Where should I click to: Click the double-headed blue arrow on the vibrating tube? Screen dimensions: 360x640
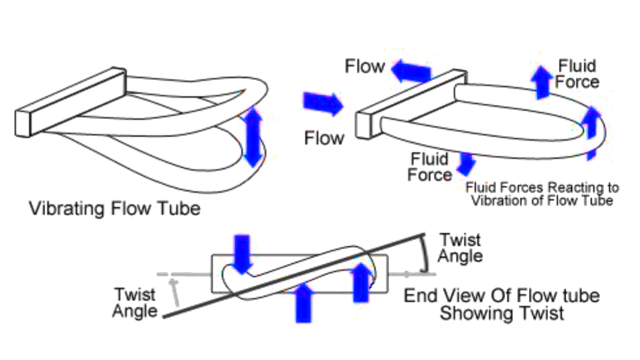pyautogui.click(x=253, y=136)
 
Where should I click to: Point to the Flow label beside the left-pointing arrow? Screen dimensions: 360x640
pyautogui.click(x=365, y=66)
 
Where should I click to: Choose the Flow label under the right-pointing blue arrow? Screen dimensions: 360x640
pyautogui.click(x=324, y=138)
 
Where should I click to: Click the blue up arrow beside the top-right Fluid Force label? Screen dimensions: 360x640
pyautogui.click(x=541, y=82)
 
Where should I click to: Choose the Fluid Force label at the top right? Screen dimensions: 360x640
pyautogui.click(x=577, y=73)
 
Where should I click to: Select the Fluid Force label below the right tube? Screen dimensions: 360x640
pyautogui.click(x=429, y=167)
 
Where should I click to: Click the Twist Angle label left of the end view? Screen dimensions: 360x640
pyautogui.click(x=135, y=302)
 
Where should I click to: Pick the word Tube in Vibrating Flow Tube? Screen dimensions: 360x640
pyautogui.click(x=178, y=207)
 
